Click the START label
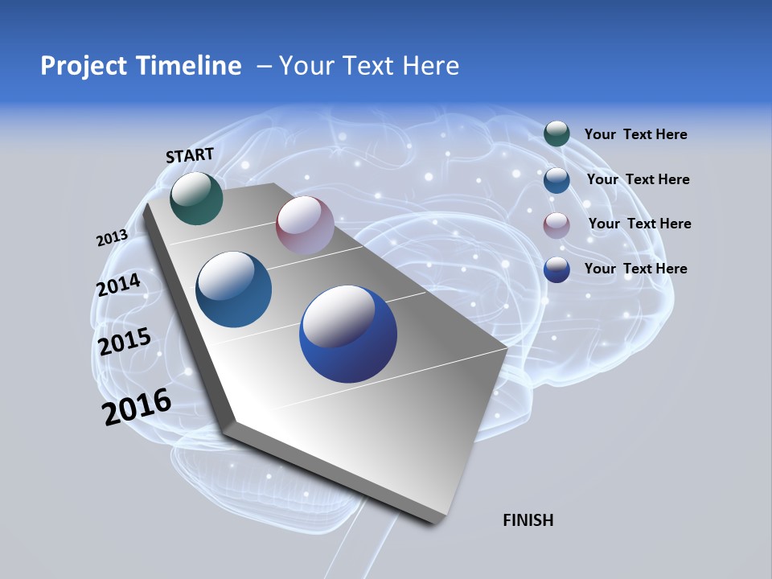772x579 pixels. pyautogui.click(x=190, y=154)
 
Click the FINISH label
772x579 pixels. pyautogui.click(x=528, y=520)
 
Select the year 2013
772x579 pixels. pyautogui.click(x=112, y=238)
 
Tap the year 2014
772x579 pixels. pyautogui.click(x=118, y=285)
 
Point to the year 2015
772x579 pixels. pyautogui.click(x=124, y=342)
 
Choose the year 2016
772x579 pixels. pyautogui.click(x=137, y=406)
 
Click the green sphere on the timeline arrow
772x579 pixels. pyautogui.click(x=196, y=199)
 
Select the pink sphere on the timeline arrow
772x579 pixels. pyautogui.click(x=305, y=224)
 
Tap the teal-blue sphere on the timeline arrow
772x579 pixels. pyautogui.click(x=233, y=289)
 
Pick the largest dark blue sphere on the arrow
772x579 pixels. pyautogui.click(x=348, y=334)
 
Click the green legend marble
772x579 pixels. pyautogui.click(x=556, y=134)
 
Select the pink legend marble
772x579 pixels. pyautogui.click(x=556, y=225)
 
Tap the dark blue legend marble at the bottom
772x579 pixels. pyautogui.click(x=556, y=269)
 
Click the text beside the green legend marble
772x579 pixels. pyautogui.click(x=635, y=135)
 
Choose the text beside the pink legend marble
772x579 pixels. pyautogui.click(x=639, y=224)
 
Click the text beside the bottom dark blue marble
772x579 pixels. pyautogui.click(x=635, y=269)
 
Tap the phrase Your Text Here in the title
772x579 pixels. pyautogui.click(x=368, y=66)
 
